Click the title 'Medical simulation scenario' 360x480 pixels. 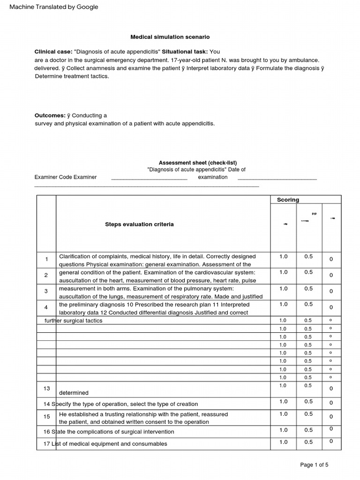[x=170, y=37]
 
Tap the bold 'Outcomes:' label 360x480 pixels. [x=50, y=115]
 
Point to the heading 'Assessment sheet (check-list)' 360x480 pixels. [x=197, y=163]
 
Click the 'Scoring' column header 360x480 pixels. [x=288, y=200]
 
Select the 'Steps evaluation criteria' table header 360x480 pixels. [x=139, y=225]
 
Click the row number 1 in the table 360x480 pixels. [x=46, y=259]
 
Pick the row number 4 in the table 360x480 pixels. [x=46, y=307]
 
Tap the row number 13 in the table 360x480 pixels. [x=46, y=389]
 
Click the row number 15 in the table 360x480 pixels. [x=46, y=417]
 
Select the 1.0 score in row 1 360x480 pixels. [x=284, y=256]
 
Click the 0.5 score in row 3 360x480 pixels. [x=308, y=289]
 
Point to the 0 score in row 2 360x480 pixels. [x=331, y=275]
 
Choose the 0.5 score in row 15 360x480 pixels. [x=308, y=414]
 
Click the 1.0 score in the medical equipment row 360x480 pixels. [x=284, y=442]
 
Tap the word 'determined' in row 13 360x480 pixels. [x=74, y=393]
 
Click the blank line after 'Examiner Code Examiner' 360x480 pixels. [x=149, y=178]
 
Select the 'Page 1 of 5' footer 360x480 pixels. [x=314, y=465]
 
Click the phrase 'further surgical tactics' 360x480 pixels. [x=73, y=321]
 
